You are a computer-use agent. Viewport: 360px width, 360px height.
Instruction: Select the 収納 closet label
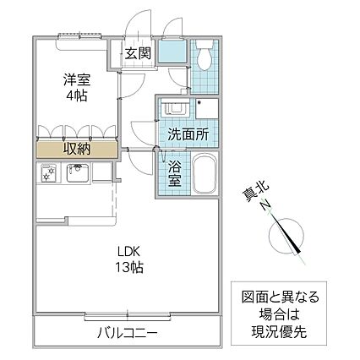point(76,149)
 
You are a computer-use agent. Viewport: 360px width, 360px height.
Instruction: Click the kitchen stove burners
point(49,174)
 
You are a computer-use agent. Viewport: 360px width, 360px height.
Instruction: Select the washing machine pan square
point(206,111)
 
